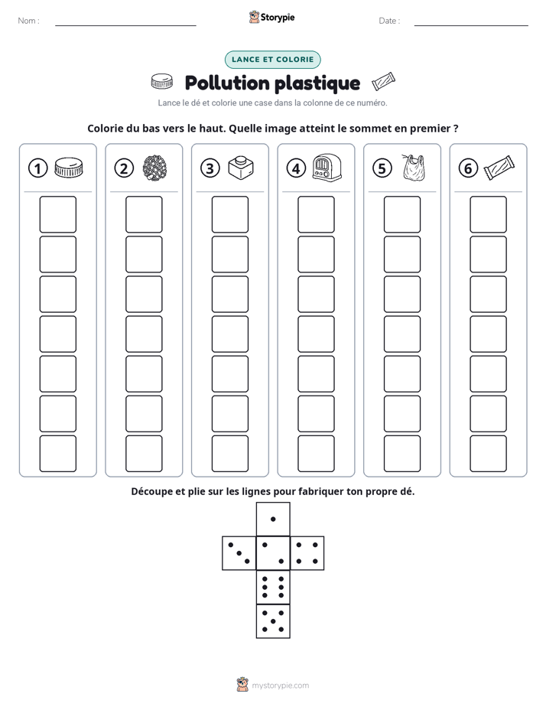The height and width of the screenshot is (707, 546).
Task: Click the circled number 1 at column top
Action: click(x=37, y=168)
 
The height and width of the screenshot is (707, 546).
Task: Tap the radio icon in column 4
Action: click(x=327, y=168)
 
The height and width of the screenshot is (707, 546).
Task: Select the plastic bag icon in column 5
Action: click(x=413, y=168)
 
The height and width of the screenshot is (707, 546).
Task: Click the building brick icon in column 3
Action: click(x=241, y=168)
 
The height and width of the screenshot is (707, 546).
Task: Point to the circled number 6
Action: click(x=468, y=168)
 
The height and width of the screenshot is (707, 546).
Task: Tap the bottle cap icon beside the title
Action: click(x=161, y=81)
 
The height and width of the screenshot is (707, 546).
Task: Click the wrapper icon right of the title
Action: click(x=383, y=82)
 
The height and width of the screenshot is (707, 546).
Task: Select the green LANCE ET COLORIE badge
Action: click(x=272, y=60)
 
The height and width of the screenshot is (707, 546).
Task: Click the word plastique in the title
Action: click(x=317, y=83)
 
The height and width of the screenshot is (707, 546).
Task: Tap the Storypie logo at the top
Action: click(x=271, y=17)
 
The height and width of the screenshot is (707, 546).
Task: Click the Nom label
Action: click(x=28, y=21)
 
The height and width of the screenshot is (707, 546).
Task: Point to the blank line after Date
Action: click(x=471, y=25)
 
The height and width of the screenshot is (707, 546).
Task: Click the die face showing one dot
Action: click(x=273, y=520)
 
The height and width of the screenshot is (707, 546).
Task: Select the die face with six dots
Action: click(x=273, y=587)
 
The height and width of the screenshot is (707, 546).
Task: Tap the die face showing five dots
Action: click(x=273, y=621)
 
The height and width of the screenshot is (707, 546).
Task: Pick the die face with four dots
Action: click(x=307, y=553)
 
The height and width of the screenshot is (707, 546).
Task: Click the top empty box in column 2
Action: click(x=144, y=214)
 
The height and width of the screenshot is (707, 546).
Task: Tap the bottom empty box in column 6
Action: click(x=488, y=454)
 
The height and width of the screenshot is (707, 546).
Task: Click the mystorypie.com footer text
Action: click(x=280, y=686)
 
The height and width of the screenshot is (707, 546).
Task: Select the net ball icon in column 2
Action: click(x=155, y=168)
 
